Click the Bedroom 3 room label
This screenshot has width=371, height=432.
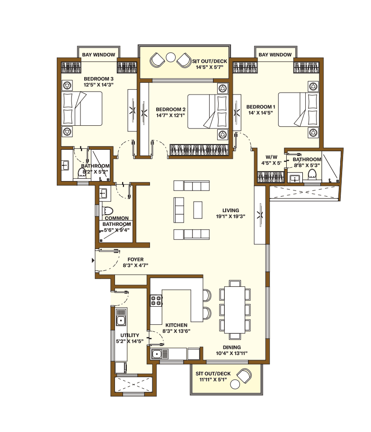[99, 78]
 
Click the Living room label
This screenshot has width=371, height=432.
[231, 210]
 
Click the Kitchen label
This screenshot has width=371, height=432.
[176, 325]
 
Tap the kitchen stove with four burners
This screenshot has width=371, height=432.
[156, 300]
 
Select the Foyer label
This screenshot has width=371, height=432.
[135, 259]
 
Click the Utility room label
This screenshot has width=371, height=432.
[129, 335]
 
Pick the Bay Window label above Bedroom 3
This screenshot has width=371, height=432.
[98, 55]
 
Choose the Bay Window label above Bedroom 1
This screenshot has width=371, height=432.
[275, 55]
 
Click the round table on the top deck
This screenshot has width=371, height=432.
[170, 59]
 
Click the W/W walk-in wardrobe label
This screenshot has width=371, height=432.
[271, 157]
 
